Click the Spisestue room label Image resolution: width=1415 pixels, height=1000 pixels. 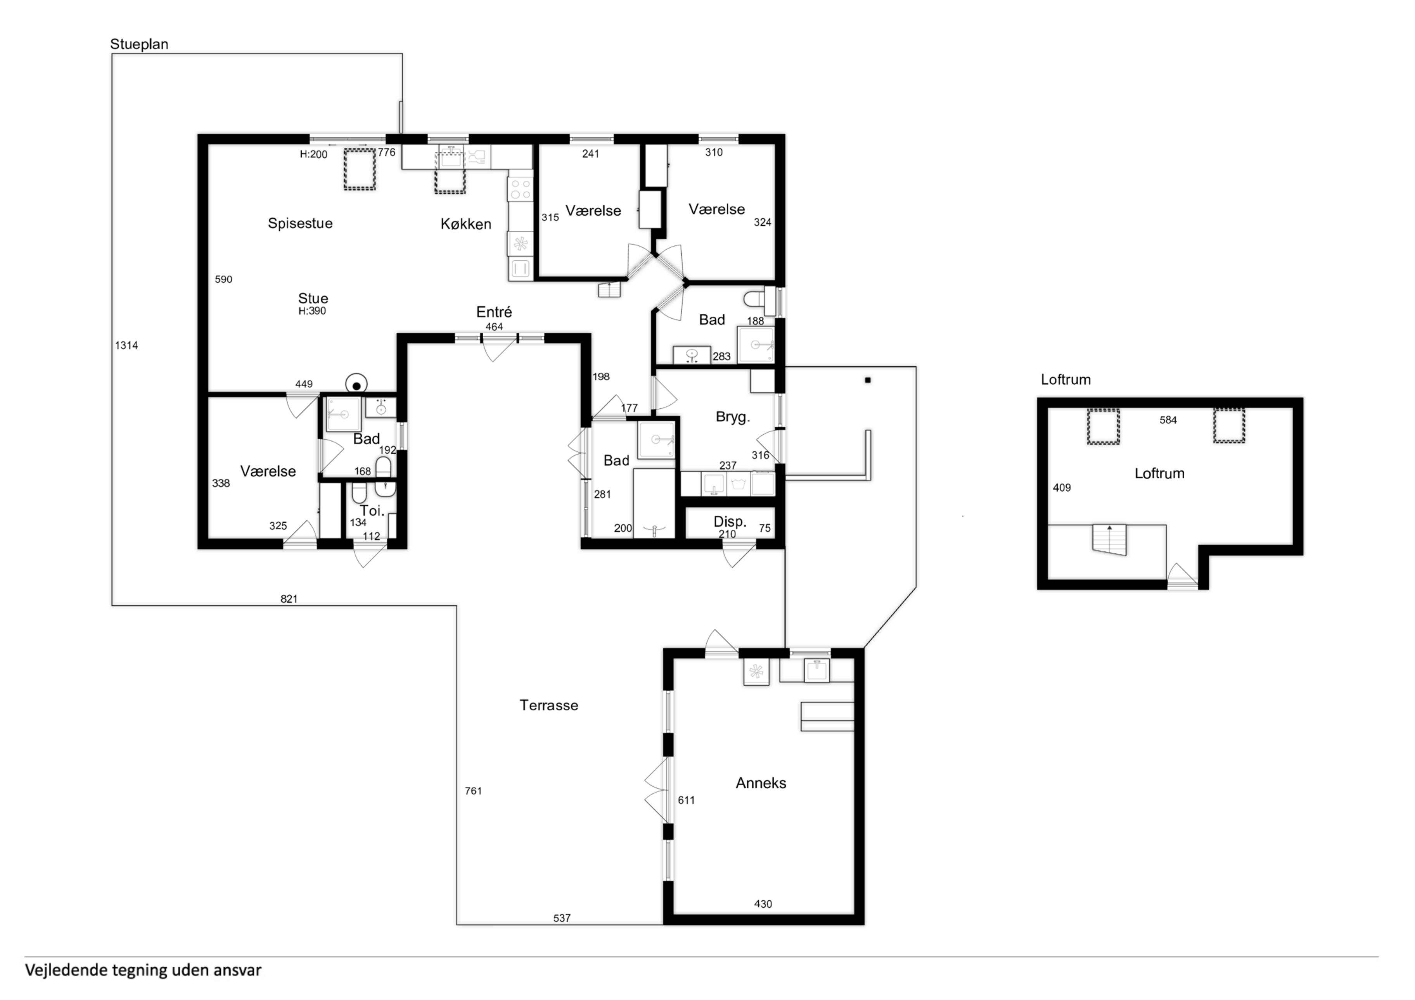point(300,224)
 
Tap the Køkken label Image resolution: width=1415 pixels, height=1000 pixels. point(466,224)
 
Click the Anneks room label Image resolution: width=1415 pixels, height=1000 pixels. point(761,783)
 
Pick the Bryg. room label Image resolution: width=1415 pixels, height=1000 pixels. point(733,417)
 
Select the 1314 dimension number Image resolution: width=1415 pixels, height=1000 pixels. point(126,345)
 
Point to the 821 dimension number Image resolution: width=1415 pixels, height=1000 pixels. point(289,599)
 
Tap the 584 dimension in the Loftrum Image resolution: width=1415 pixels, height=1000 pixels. point(1168,420)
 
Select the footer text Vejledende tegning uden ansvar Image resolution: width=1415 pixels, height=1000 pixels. point(143,971)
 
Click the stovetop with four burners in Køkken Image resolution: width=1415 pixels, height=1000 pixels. point(520,188)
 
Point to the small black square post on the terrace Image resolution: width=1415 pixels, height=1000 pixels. point(868,380)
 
